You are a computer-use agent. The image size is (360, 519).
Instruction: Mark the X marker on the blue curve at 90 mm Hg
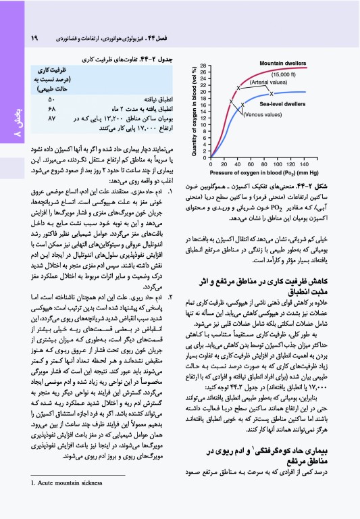[x=271, y=93]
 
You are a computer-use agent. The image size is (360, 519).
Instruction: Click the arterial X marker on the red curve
[x=238, y=88]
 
